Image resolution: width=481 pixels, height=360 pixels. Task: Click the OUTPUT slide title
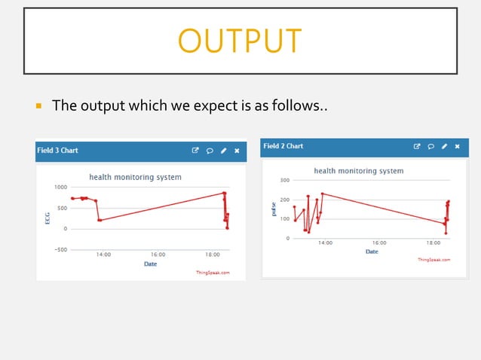pos(240,41)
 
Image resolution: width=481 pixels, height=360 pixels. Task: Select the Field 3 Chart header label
pos(58,151)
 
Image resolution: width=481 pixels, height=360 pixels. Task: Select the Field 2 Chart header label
pos(283,146)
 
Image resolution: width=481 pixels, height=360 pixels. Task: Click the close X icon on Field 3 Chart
pos(237,151)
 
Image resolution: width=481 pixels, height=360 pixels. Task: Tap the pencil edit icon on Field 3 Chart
pos(223,151)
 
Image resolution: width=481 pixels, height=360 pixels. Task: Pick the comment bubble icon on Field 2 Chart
pos(430,146)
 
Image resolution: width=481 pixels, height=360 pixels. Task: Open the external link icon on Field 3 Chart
pos(195,151)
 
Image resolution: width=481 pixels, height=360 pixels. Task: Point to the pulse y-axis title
pos(274,209)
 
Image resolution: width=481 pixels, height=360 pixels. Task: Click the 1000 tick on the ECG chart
pos(59,187)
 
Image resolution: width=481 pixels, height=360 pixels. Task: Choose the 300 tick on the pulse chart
pos(284,181)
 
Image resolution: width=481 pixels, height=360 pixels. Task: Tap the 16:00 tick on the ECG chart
pos(158,255)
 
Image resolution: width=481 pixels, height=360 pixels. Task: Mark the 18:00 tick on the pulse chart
pos(434,243)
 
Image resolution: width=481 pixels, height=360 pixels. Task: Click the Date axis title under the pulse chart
pos(372,252)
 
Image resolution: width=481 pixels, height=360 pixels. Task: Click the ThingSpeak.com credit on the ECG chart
pos(213,272)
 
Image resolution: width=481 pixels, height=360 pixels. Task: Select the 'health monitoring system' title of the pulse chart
pos(359,171)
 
